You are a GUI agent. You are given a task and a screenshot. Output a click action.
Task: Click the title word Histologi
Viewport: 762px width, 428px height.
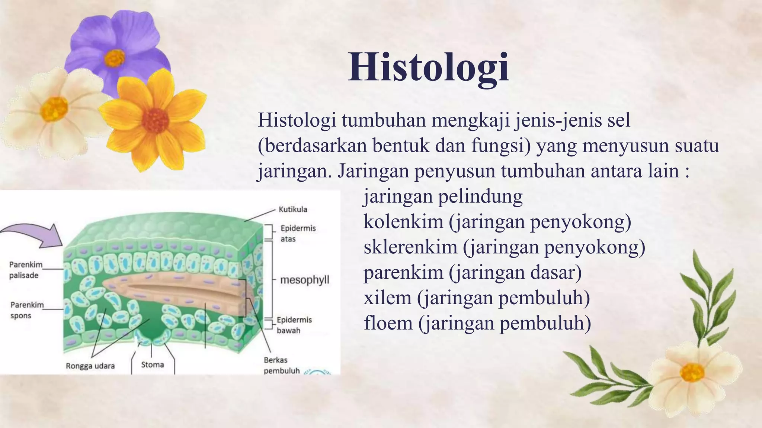pos(428,67)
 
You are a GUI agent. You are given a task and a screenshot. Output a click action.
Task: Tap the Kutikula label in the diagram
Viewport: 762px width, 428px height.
pos(293,209)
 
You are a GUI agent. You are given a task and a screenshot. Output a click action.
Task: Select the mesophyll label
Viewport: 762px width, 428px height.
pos(304,279)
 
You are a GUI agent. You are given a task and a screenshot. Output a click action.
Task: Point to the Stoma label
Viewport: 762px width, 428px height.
pos(153,364)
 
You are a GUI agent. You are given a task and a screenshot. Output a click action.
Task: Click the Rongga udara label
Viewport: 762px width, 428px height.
pos(90,366)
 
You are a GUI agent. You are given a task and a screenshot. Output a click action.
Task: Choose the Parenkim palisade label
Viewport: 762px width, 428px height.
pos(26,270)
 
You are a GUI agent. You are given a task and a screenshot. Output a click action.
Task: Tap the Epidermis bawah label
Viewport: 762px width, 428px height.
pos(294,325)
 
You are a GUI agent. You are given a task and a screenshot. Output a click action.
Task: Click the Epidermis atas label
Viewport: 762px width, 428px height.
pos(298,233)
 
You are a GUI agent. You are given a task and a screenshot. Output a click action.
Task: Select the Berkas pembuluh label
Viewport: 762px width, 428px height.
pos(281,365)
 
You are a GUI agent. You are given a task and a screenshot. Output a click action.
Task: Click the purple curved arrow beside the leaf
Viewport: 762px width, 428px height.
pos(33,236)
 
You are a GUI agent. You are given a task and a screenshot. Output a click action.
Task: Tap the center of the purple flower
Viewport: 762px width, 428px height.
pos(114,58)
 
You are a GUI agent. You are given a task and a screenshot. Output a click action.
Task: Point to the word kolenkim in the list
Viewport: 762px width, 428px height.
pos(403,221)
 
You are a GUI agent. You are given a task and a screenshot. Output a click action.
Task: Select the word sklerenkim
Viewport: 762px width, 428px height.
pos(410,247)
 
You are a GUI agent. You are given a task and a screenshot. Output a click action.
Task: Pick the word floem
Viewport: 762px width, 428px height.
pos(388,322)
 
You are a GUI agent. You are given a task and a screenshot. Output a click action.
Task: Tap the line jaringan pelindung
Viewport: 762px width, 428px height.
pos(443,196)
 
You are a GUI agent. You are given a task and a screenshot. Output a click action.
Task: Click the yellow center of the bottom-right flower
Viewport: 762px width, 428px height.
pos(692,372)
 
